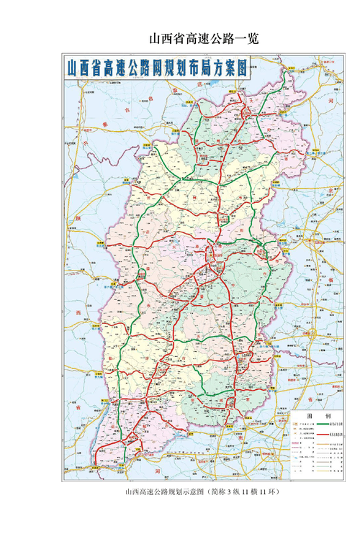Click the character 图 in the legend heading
click(x=310, y=416)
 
